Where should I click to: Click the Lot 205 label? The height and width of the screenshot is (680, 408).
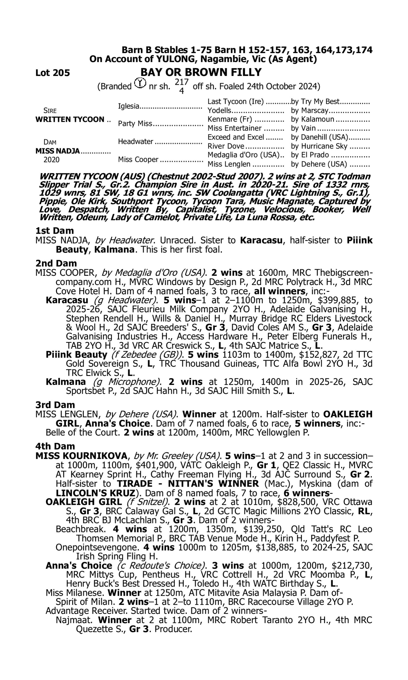pos(52,73)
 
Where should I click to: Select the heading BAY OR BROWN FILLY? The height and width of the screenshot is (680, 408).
pos(201,72)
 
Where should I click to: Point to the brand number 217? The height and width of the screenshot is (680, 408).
pos(181,82)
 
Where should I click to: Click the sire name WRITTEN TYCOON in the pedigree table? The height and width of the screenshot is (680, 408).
pos(70,120)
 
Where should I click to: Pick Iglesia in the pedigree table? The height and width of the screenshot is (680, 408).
pos(128,106)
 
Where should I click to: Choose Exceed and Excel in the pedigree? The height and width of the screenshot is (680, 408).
pos(236,137)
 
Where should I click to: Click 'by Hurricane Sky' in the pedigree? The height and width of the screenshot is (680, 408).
pos(319,146)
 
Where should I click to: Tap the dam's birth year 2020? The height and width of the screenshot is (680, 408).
pos(51,160)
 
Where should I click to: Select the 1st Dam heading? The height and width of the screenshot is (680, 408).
pos(54,231)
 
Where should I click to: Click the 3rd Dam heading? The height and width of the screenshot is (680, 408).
pos(55,405)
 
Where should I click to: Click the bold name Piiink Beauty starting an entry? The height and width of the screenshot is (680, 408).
pos(76,355)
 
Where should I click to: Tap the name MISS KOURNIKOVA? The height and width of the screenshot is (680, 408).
pos(81,456)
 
